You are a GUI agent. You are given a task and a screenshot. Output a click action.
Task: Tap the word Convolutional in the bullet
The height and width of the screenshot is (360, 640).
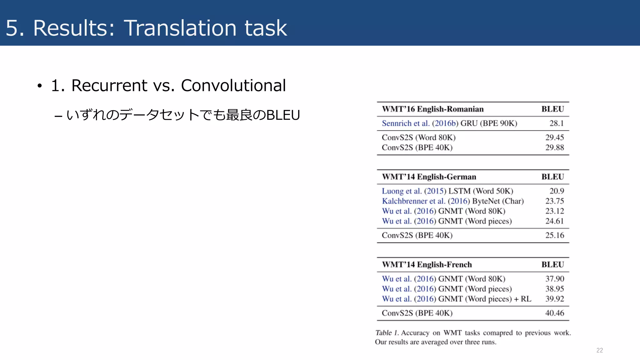[233, 86]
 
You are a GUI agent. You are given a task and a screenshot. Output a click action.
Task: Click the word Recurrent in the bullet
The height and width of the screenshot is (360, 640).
[109, 86]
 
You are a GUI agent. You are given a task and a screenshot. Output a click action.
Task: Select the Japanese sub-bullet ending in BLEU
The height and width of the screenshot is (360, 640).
[183, 115]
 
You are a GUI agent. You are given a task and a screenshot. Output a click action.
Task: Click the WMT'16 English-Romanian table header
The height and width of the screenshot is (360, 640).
[433, 109]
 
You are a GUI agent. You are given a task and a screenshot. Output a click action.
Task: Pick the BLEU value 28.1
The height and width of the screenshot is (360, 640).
[557, 123]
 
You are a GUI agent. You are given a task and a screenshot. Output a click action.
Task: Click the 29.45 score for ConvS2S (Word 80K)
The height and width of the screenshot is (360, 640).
[555, 137]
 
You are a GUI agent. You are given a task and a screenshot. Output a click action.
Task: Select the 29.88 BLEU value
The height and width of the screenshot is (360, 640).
[555, 147]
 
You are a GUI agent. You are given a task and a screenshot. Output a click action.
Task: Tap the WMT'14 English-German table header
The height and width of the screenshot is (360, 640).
[429, 177]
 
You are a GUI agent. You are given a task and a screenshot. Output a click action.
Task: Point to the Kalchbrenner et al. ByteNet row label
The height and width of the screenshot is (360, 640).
[452, 201]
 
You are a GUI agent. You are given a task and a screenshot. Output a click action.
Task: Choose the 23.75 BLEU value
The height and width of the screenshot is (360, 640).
[555, 201]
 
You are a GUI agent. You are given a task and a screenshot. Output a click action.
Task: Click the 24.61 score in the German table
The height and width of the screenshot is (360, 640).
[555, 221]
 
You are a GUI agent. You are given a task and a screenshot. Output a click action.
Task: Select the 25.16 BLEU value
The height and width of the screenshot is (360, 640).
[555, 235]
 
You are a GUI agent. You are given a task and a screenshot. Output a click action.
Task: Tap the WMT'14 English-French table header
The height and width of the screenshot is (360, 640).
[427, 265]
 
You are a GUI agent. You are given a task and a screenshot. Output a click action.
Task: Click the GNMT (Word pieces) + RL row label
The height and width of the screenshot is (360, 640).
[456, 299]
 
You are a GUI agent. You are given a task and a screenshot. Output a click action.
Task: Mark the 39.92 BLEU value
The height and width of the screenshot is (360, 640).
[555, 299]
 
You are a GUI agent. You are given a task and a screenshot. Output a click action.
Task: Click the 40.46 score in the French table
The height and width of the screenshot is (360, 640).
[555, 313]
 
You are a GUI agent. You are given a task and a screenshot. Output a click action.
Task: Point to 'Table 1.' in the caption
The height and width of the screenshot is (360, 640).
[387, 333]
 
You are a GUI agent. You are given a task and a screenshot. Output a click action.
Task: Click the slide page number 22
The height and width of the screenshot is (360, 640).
[599, 350]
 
